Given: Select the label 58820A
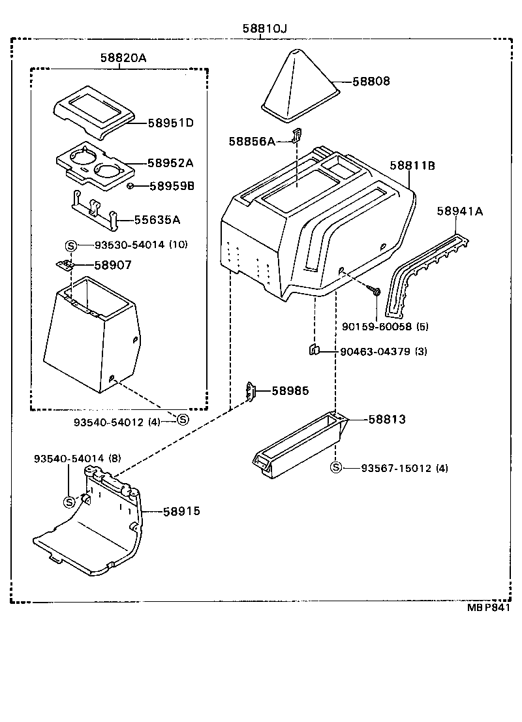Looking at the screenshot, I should [123, 58].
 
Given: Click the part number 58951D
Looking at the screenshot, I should [171, 123].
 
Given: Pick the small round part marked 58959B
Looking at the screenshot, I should [130, 186].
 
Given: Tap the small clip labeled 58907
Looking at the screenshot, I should [64, 265].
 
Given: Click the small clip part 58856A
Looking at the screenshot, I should [296, 136].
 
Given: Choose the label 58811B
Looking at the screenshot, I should [412, 166].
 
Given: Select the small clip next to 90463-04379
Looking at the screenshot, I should [313, 351].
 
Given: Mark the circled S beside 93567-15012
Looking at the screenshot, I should [336, 467].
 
